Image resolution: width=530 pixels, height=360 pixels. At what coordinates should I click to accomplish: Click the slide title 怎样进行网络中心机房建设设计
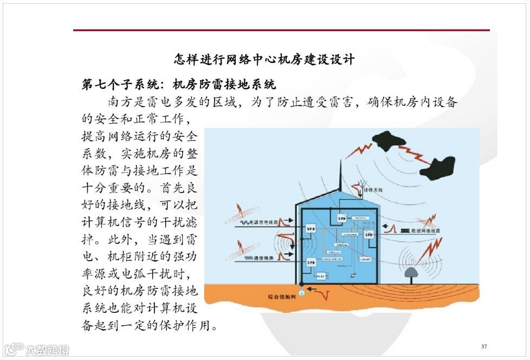coord(264,59)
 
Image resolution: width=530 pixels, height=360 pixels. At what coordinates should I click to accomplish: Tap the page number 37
coord(484,346)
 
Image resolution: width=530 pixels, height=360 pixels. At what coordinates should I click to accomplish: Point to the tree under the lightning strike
coord(410,274)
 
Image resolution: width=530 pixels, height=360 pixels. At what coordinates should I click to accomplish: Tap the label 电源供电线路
coord(266,222)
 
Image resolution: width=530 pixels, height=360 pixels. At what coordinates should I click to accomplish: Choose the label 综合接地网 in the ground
coord(279,297)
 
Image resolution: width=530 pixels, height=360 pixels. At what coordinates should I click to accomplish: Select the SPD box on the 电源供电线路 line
coord(311,229)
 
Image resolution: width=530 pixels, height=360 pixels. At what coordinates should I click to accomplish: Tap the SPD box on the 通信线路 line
coord(311,262)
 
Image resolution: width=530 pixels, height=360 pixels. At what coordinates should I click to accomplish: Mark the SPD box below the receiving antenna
coord(341,218)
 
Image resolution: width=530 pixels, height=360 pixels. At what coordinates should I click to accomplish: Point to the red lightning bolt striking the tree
coord(431,250)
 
